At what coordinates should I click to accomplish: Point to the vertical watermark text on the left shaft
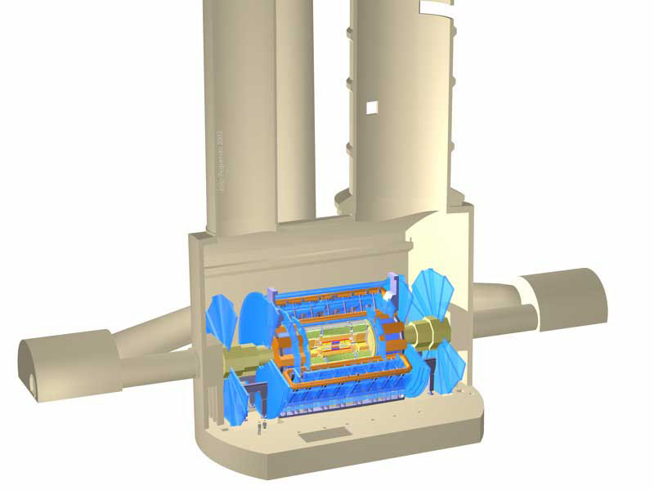(220, 160)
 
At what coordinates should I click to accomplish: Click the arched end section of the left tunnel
(65, 359)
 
